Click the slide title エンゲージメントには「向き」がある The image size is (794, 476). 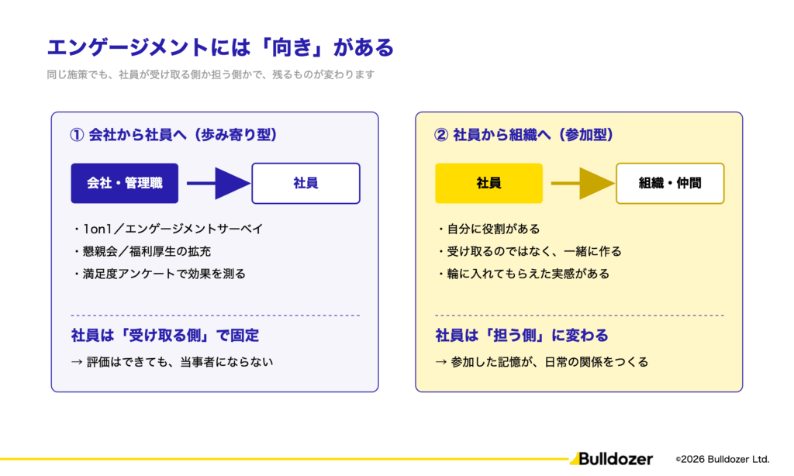tap(220, 47)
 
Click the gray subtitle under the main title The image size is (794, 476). tap(211, 74)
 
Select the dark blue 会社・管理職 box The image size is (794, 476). tap(125, 183)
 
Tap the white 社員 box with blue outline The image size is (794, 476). tap(306, 183)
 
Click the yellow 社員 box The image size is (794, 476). tap(488, 183)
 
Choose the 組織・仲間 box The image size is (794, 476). tap(670, 183)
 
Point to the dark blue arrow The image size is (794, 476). tap(219, 183)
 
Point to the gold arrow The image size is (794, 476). tap(583, 183)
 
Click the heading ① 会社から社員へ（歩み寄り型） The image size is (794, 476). tap(174, 135)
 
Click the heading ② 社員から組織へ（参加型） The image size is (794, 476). tap(524, 135)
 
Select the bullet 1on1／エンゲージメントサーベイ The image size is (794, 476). tap(168, 229)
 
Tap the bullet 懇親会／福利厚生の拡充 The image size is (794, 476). tap(142, 251)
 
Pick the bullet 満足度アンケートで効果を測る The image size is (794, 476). tap(160, 274)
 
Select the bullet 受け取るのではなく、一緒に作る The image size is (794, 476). tap(529, 251)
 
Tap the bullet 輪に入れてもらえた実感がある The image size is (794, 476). tap(523, 274)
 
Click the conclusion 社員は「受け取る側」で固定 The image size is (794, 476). tap(165, 335)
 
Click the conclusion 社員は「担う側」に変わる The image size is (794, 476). tap(522, 335)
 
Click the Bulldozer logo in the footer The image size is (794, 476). tap(611, 459)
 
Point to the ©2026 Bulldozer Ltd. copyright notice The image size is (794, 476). tap(723, 459)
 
